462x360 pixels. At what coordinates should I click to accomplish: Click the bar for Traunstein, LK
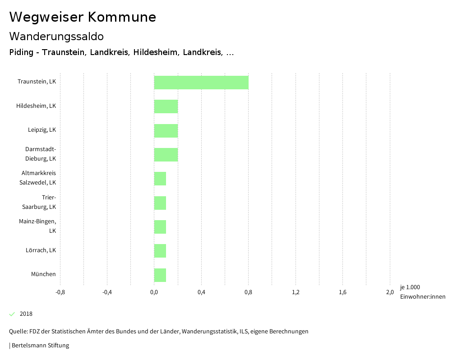tap(201, 83)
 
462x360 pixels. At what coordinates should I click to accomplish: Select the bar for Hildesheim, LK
tap(166, 106)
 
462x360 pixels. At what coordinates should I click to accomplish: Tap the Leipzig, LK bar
tap(166, 131)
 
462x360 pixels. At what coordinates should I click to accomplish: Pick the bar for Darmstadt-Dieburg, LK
tap(166, 155)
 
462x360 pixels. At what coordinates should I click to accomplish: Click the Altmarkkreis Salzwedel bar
tap(160, 179)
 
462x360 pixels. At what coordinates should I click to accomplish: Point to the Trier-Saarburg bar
tap(160, 203)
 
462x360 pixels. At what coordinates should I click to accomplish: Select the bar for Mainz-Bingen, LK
tap(160, 227)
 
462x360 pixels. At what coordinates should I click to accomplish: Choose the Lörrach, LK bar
tap(160, 251)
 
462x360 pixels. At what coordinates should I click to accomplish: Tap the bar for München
tap(160, 275)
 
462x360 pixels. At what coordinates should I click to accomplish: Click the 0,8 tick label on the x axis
tap(248, 292)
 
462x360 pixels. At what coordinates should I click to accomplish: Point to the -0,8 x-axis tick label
tap(60, 292)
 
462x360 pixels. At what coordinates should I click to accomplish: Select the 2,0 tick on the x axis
tap(390, 292)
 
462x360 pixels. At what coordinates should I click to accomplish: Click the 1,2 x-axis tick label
tap(296, 292)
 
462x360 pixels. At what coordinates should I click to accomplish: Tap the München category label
tap(43, 274)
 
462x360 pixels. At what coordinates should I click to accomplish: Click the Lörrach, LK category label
tap(41, 250)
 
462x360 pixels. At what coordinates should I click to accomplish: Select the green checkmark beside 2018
tap(12, 314)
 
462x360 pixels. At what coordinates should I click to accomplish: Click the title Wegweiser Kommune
tap(83, 17)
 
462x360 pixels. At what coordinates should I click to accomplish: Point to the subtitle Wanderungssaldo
tap(56, 36)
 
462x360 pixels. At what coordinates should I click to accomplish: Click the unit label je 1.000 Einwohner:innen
tap(422, 292)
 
